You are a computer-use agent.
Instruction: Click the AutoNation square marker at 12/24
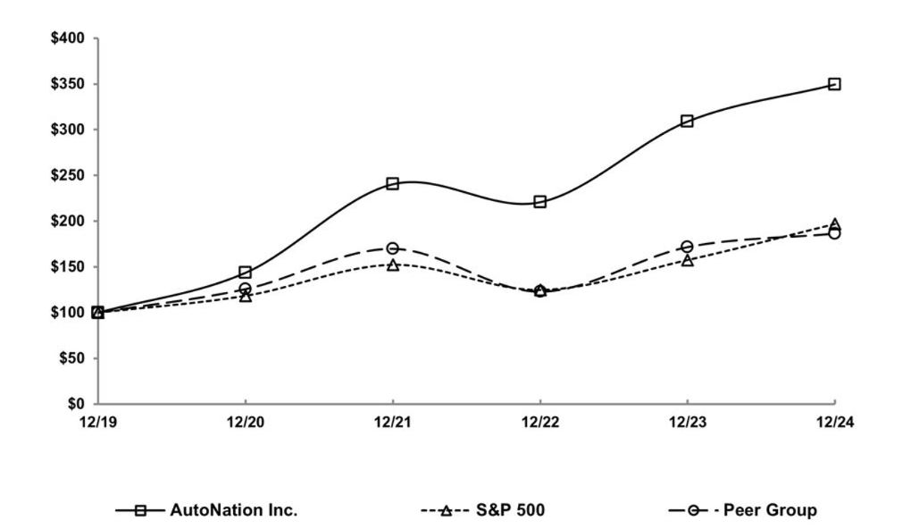834,84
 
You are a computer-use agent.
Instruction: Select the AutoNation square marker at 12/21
392,183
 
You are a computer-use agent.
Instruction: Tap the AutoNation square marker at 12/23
687,121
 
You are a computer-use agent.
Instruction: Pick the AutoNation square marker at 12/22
539,202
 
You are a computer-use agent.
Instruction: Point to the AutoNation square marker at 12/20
245,272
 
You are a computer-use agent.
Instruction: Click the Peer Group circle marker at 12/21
392,248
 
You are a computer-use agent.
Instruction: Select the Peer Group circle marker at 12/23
687,247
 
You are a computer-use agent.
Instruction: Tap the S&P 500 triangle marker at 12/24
834,224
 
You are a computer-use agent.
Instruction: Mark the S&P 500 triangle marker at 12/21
392,265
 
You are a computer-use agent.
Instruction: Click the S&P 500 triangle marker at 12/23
687,261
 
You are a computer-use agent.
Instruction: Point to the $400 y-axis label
67,38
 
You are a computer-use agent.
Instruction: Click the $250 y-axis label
67,175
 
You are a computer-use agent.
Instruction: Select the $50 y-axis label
71,358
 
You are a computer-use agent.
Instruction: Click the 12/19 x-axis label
97,423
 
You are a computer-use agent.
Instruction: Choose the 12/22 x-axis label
539,423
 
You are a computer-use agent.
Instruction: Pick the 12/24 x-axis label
834,423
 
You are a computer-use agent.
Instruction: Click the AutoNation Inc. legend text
234,510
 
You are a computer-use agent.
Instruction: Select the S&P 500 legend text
512,510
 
